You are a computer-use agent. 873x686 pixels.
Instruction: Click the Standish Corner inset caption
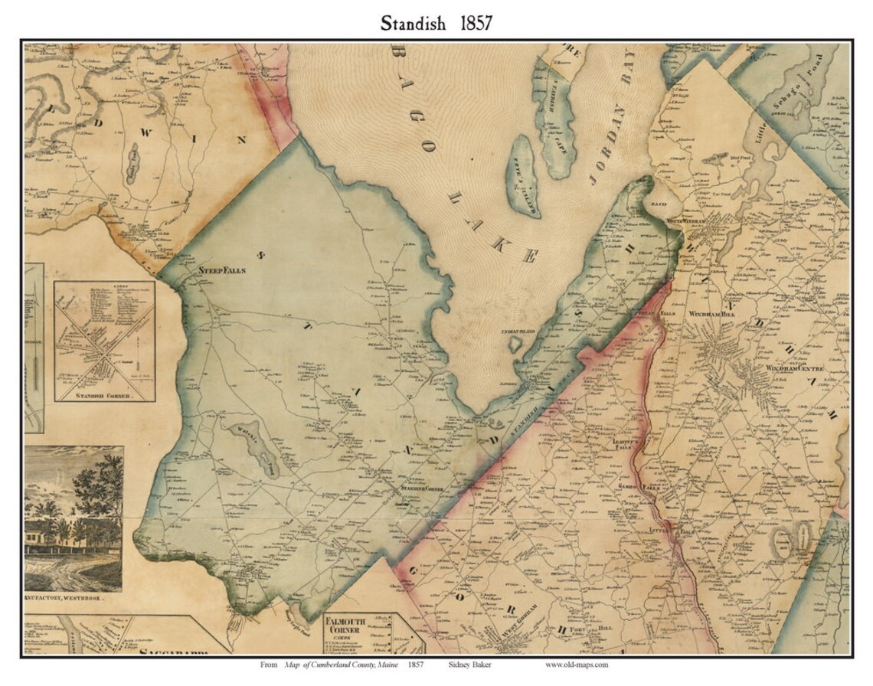[x=105, y=397]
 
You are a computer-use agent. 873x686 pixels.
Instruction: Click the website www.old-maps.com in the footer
[x=577, y=665]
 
